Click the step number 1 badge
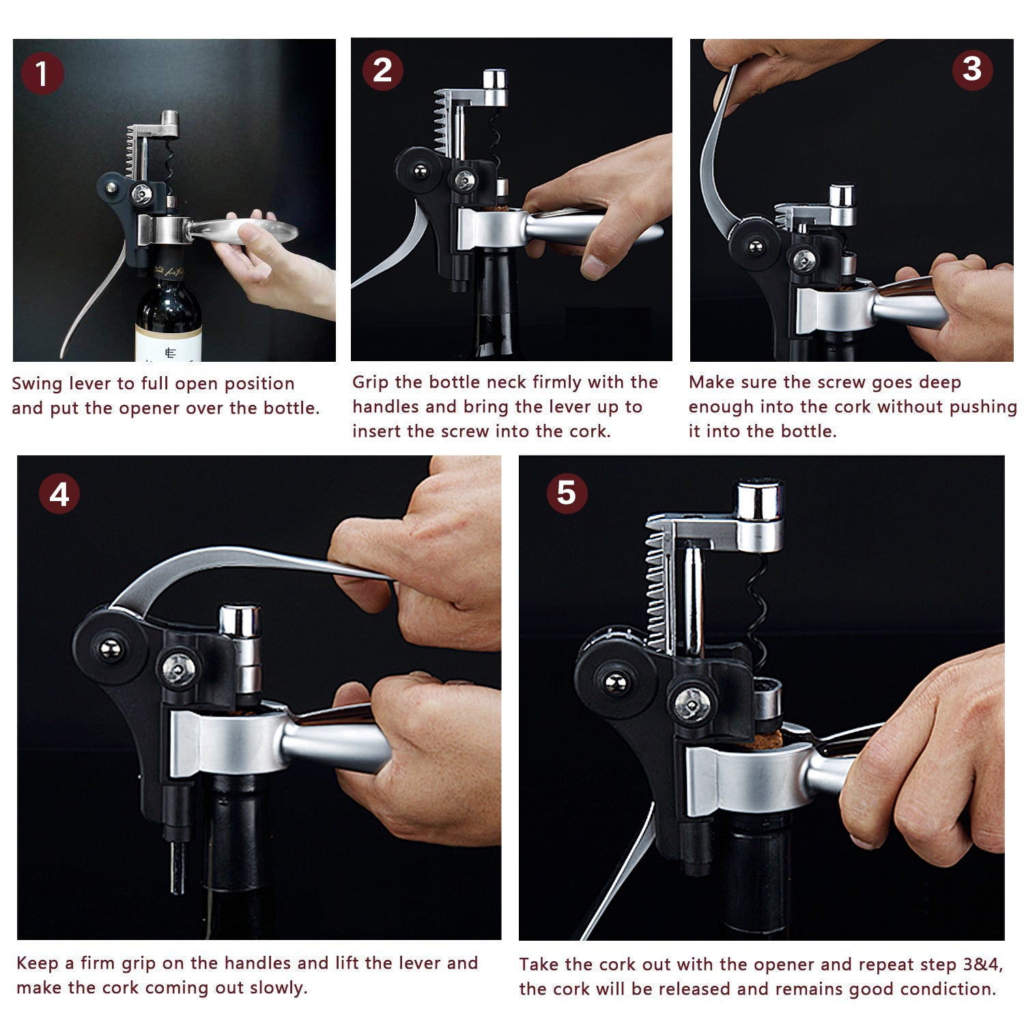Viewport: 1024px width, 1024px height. pyautogui.click(x=42, y=73)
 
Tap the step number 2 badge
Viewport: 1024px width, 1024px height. pyautogui.click(x=382, y=70)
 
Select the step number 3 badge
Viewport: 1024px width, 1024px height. pyautogui.click(x=972, y=69)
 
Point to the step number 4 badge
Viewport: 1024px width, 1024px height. pyautogui.click(x=59, y=494)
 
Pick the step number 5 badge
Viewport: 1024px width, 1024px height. pyautogui.click(x=567, y=493)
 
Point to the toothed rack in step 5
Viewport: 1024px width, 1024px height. pyautogui.click(x=657, y=587)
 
